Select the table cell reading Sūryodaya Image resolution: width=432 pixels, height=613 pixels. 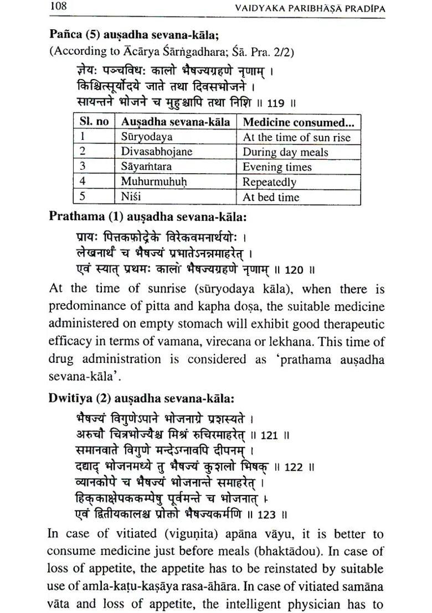point(147,137)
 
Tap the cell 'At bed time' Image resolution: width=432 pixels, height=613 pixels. point(271,197)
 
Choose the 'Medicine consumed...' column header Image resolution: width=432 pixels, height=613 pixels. point(299,122)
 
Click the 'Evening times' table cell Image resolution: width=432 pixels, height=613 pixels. point(277,167)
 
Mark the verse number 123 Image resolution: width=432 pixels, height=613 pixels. point(266,515)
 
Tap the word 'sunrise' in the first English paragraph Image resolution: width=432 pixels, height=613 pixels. point(164,289)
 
